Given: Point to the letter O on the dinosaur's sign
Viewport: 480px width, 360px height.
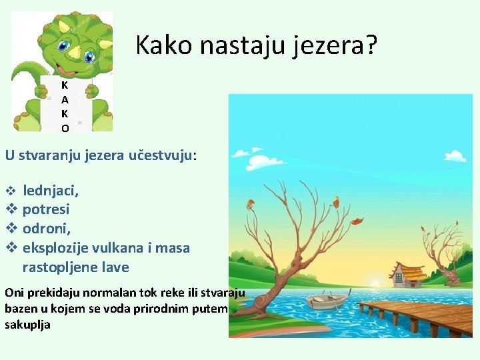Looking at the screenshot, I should [x=65, y=128].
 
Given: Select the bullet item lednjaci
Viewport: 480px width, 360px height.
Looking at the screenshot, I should [x=50, y=191].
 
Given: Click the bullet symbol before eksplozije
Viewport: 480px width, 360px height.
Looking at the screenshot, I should [x=11, y=248].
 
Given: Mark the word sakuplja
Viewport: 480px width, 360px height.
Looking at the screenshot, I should [x=27, y=325].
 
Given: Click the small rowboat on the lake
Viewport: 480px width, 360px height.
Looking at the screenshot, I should [x=327, y=301].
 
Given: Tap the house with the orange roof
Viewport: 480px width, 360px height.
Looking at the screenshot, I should [x=407, y=275].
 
